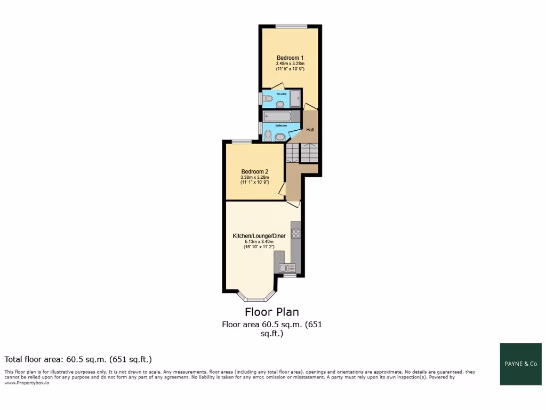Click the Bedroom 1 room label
tap(290, 58)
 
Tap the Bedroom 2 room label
tap(254, 171)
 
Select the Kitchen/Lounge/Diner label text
tap(259, 235)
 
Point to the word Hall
tap(310, 129)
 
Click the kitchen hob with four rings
tap(296, 233)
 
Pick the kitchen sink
tap(288, 268)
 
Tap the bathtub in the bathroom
tap(277, 116)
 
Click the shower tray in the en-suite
tap(295, 98)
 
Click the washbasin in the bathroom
tap(280, 137)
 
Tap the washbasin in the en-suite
tap(280, 104)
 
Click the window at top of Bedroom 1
tap(291, 26)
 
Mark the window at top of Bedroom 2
tap(242, 141)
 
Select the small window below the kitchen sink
tap(290, 276)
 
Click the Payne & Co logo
tap(520, 364)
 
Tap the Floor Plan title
tap(272, 312)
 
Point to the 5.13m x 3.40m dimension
tap(259, 241)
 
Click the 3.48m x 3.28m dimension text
tap(290, 64)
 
